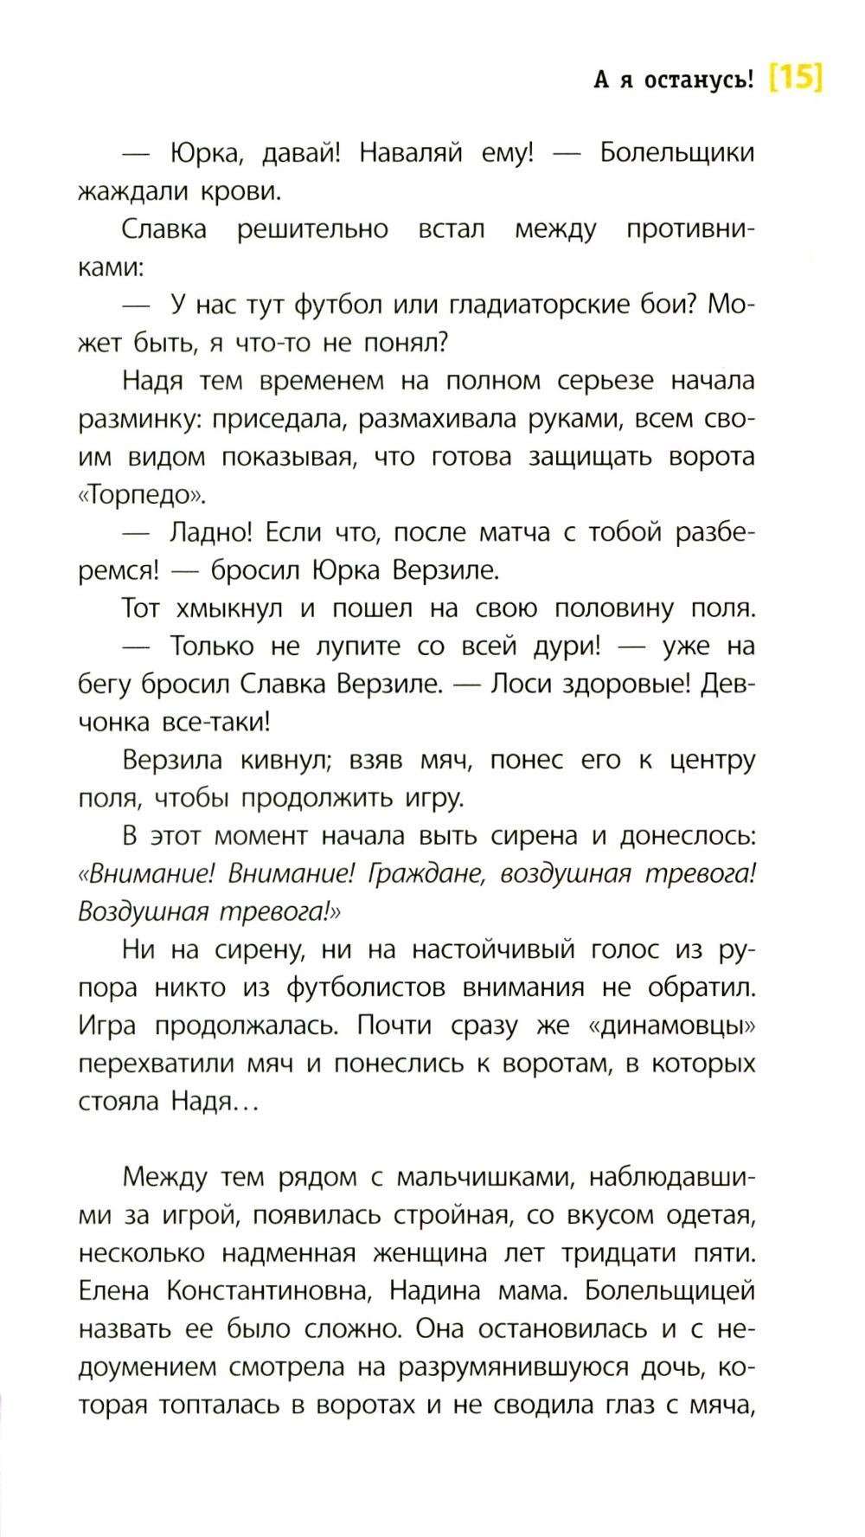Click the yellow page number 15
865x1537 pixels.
[795, 79]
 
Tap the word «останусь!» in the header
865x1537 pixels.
[699, 80]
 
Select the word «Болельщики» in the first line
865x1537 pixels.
[677, 153]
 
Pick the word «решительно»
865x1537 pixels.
[312, 229]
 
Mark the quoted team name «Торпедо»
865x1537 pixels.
[143, 496]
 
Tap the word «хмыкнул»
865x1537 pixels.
[229, 609]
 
